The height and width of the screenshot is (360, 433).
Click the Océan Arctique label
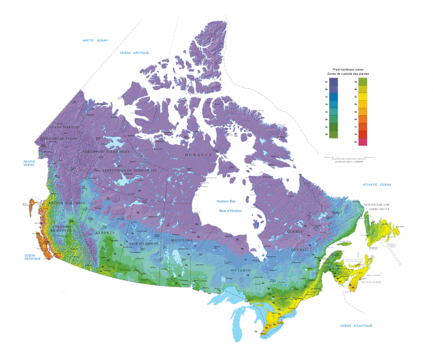(x=134, y=53)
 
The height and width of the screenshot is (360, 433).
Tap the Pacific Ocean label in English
(x=30, y=163)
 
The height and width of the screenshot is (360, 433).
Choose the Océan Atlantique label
(x=356, y=325)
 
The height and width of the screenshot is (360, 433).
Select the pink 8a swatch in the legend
(x=362, y=142)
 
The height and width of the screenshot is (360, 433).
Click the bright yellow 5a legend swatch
(x=362, y=97)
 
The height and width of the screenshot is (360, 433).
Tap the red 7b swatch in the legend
(x=362, y=134)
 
